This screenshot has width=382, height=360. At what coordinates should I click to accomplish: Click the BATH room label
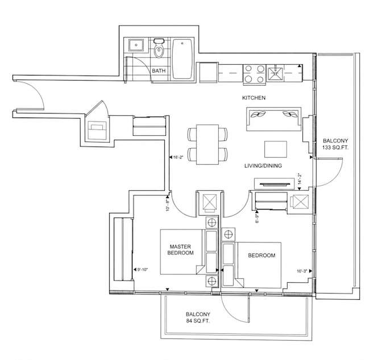pos(159,71)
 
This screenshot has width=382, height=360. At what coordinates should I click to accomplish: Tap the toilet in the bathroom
pos(159,48)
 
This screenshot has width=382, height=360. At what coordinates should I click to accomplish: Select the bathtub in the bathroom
pos(182,59)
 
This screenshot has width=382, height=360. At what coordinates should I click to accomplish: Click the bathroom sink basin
pos(136,44)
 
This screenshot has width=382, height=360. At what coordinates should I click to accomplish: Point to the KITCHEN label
pos(254,98)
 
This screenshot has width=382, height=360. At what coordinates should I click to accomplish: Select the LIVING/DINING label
pos(263,166)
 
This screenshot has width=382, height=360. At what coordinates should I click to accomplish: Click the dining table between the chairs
pos(207,144)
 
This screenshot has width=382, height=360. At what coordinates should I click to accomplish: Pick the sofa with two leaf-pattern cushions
pos(274,119)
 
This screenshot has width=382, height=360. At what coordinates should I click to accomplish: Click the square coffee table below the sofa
pos(276,149)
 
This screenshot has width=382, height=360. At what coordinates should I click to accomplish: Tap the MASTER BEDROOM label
pos(181,250)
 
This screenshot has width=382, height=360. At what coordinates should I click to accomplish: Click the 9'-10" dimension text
pos(143,270)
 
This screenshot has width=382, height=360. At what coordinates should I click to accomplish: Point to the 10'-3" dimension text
pos(302,271)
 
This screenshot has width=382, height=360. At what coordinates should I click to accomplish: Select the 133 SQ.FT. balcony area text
pos(335,148)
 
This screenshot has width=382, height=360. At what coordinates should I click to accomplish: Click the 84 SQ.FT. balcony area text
pos(198,321)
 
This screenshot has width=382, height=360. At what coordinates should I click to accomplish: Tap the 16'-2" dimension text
pos(178,157)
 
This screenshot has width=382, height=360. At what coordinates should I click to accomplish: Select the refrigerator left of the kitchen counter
pos(209,73)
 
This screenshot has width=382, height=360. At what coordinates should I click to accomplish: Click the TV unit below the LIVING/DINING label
pos(275,184)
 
